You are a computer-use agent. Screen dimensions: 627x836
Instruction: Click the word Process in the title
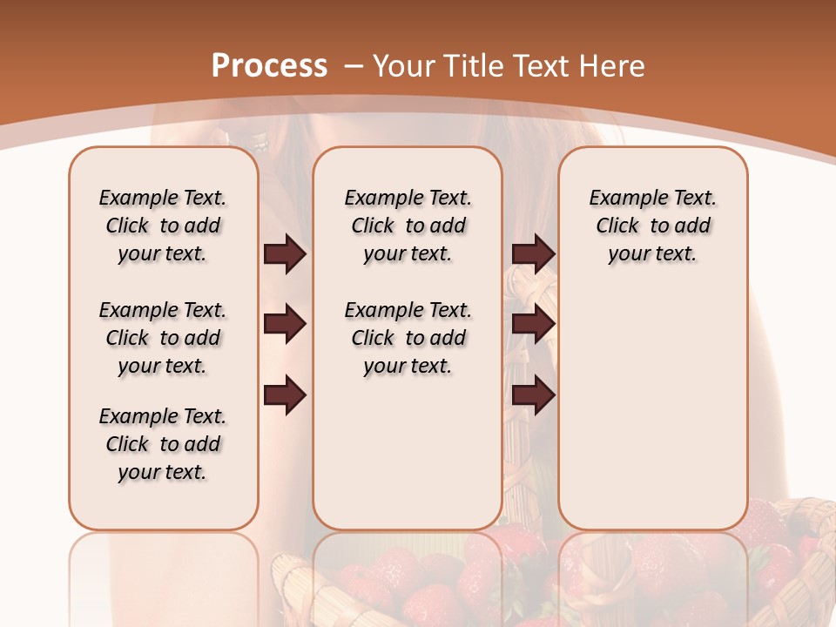pyautogui.click(x=269, y=66)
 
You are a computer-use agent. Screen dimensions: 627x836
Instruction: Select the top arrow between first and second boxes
pyautogui.click(x=285, y=254)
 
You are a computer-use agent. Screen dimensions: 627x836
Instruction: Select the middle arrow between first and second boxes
pyautogui.click(x=285, y=325)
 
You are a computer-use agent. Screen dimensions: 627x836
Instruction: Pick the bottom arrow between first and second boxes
pyautogui.click(x=285, y=396)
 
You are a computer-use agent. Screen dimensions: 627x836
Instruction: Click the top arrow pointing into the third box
pyautogui.click(x=533, y=254)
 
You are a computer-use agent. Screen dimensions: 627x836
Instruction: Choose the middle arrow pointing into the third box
pyautogui.click(x=533, y=325)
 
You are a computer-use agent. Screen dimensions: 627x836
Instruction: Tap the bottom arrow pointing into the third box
pyautogui.click(x=533, y=396)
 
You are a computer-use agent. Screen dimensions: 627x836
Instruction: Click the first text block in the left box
pyautogui.click(x=163, y=226)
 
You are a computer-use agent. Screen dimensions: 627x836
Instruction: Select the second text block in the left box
pyautogui.click(x=163, y=338)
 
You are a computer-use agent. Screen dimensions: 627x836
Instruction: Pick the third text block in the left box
pyautogui.click(x=163, y=444)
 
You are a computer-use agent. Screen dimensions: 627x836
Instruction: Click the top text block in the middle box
pyautogui.click(x=408, y=226)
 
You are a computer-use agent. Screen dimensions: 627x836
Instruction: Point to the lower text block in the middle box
pyautogui.click(x=408, y=338)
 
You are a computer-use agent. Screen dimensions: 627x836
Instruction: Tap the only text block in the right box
pyautogui.click(x=652, y=226)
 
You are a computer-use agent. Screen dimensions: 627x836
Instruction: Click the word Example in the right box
pyautogui.click(x=621, y=199)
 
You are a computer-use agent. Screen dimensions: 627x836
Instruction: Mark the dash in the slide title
pyautogui.click(x=354, y=67)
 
